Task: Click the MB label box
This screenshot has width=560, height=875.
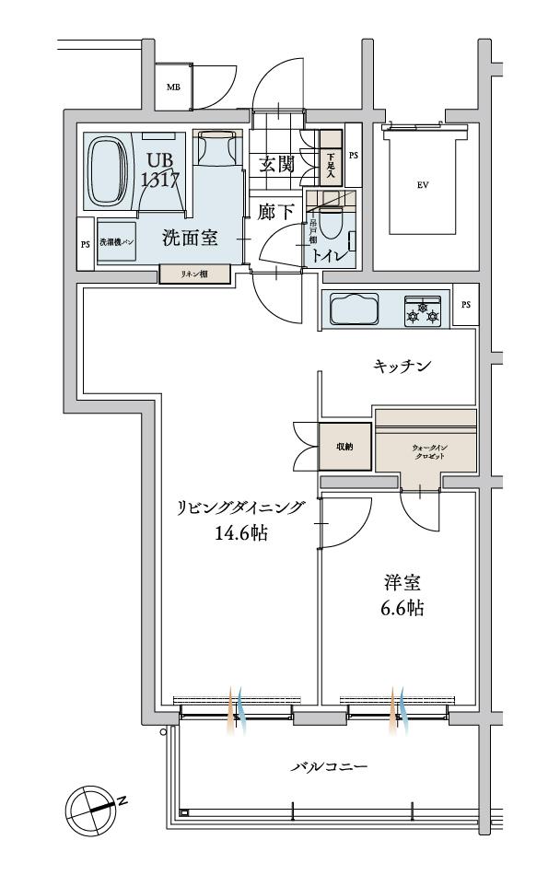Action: [x=172, y=87]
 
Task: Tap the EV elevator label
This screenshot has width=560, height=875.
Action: [x=423, y=184]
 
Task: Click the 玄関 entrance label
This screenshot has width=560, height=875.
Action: [x=276, y=165]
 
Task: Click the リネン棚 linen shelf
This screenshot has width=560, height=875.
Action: [x=193, y=274]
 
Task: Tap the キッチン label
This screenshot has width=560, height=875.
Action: [x=403, y=366]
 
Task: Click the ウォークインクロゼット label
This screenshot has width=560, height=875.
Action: [x=426, y=451]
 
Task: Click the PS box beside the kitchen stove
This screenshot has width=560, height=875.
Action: [x=465, y=305]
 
